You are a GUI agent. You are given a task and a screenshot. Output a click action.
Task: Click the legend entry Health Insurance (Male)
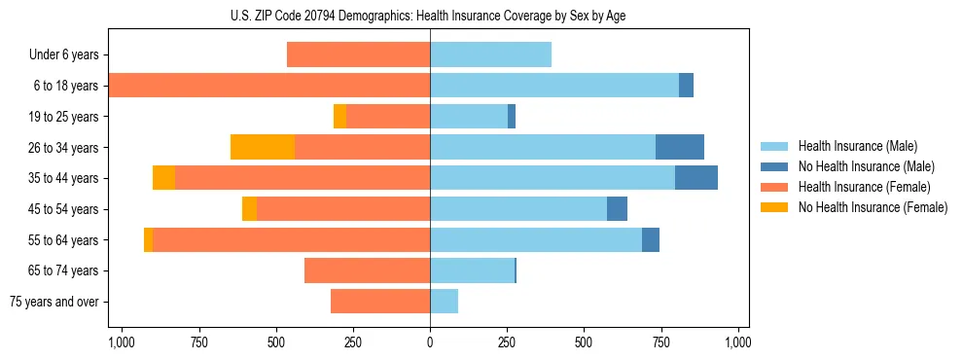(857, 146)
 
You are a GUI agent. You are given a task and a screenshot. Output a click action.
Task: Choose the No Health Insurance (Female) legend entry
(873, 207)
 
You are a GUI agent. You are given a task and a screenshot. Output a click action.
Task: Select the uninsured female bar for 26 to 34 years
(263, 147)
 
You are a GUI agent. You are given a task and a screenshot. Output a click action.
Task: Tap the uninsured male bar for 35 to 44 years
(696, 178)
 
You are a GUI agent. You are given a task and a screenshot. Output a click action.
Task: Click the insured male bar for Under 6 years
(490, 54)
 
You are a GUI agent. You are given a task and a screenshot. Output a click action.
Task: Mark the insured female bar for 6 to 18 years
(269, 86)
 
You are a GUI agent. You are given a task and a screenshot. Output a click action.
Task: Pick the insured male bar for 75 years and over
(444, 302)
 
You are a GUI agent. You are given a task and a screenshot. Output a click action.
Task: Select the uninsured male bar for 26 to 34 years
(680, 147)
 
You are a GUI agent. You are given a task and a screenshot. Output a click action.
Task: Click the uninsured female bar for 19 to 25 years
(339, 117)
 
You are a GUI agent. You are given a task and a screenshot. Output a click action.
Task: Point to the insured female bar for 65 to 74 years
(367, 270)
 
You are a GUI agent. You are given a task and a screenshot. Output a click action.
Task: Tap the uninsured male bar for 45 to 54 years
(617, 209)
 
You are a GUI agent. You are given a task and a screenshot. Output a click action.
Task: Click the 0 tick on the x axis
(430, 342)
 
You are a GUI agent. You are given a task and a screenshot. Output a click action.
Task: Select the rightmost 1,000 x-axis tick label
(737, 342)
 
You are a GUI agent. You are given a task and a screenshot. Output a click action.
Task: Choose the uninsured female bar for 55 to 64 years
(148, 239)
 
